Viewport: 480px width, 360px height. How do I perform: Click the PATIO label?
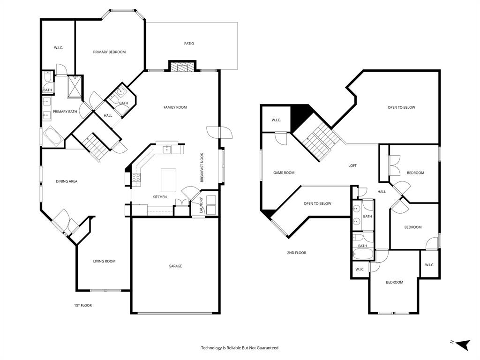[x=189, y=44]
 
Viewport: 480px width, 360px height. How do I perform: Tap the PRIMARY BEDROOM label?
[x=109, y=52]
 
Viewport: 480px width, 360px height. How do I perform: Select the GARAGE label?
[x=175, y=266]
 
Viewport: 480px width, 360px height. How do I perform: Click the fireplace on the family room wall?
[x=182, y=67]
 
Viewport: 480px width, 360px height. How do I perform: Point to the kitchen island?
[x=168, y=180]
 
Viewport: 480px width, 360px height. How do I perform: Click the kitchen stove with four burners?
[x=136, y=177]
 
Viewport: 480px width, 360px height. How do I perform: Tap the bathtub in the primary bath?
[x=53, y=138]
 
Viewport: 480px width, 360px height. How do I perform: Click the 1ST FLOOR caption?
[x=83, y=305]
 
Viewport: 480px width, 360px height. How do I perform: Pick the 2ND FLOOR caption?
[x=297, y=253]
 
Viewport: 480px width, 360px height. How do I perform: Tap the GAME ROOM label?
[x=284, y=172]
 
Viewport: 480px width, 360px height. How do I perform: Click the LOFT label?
[x=352, y=165]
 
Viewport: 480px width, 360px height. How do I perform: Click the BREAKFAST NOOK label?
[x=202, y=168]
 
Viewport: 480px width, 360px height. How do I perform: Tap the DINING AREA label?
[x=67, y=181]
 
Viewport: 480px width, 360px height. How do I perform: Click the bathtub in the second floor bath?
[x=362, y=255]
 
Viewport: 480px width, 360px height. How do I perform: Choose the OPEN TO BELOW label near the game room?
[x=317, y=203]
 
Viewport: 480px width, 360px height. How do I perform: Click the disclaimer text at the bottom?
[x=240, y=348]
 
